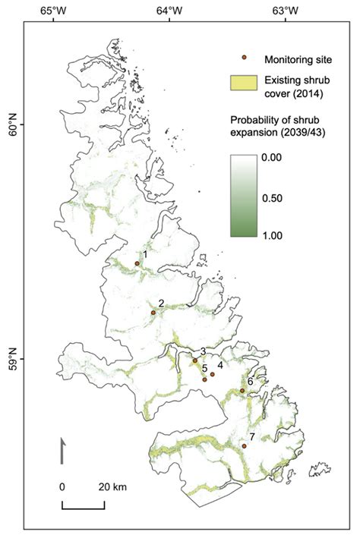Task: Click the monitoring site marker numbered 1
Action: click(137, 263)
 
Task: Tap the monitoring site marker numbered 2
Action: click(153, 312)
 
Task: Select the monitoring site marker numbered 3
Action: click(195, 360)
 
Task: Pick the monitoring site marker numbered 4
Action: click(212, 374)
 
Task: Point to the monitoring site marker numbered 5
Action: click(205, 379)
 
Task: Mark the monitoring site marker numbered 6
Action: click(242, 391)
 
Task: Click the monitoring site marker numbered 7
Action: click(245, 446)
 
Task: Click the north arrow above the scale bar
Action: click(61, 449)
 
